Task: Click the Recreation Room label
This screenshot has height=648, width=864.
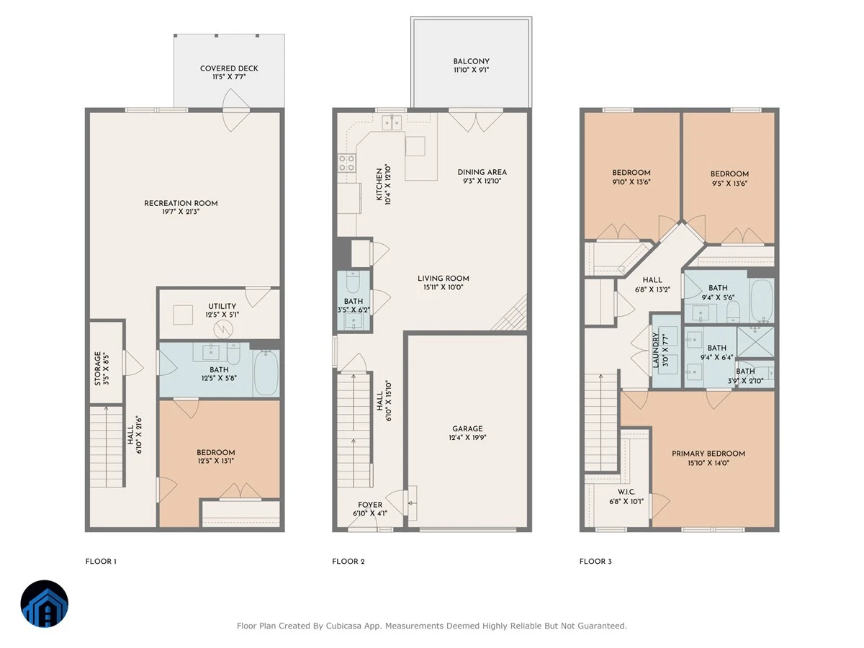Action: pyautogui.click(x=181, y=203)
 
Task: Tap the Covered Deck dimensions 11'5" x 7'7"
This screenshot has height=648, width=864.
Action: pyautogui.click(x=229, y=77)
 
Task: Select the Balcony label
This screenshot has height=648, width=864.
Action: pyautogui.click(x=471, y=61)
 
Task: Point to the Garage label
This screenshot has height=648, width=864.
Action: pyautogui.click(x=467, y=428)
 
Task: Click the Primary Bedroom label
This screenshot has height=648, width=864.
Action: pyautogui.click(x=708, y=454)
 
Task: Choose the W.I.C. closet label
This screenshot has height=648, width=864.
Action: pyautogui.click(x=626, y=492)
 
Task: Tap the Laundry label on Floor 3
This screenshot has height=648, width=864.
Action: pyautogui.click(x=655, y=350)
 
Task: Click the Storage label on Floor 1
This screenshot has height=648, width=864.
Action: pyautogui.click(x=98, y=369)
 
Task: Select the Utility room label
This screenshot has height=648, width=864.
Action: pyautogui.click(x=222, y=306)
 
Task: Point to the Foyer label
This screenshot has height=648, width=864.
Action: pyautogui.click(x=370, y=505)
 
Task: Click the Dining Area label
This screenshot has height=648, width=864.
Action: pyautogui.click(x=482, y=172)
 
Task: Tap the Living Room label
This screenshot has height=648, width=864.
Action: pyautogui.click(x=444, y=279)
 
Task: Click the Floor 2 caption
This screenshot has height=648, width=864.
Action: pyautogui.click(x=348, y=562)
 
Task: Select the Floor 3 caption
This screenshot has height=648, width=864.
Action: pyautogui.click(x=595, y=562)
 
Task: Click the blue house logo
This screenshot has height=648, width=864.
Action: pyautogui.click(x=45, y=604)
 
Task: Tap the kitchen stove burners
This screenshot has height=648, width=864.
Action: pyautogui.click(x=346, y=163)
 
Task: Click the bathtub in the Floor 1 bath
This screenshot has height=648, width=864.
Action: pyautogui.click(x=266, y=373)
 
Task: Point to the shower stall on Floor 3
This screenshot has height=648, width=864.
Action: pyautogui.click(x=755, y=342)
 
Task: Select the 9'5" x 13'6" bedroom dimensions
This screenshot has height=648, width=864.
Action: pyautogui.click(x=729, y=184)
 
